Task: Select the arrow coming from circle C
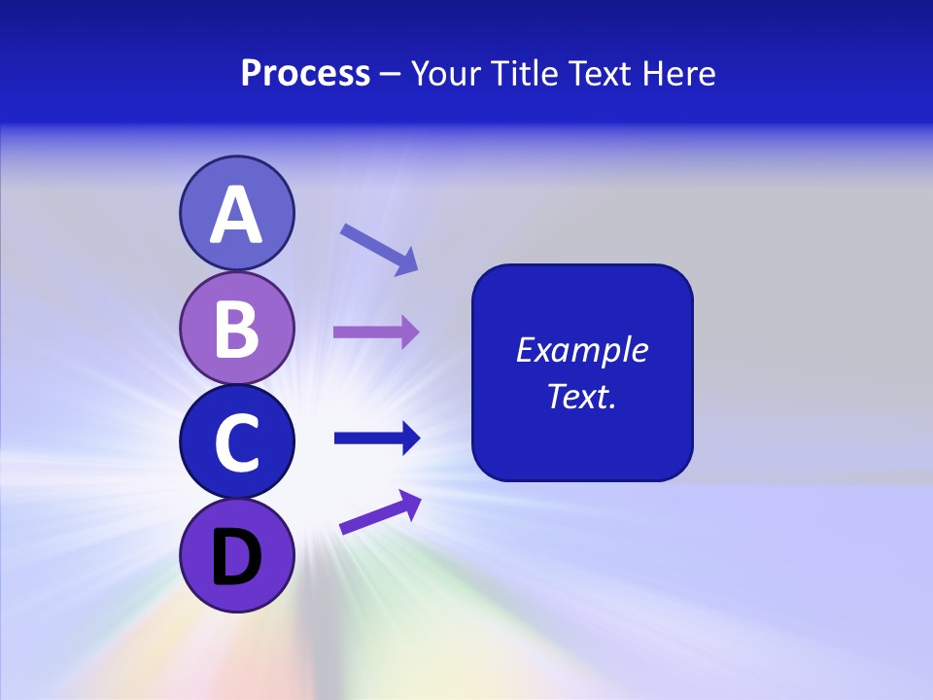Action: click(376, 438)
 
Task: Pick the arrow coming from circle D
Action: click(380, 511)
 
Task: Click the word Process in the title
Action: click(305, 74)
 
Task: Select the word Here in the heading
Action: click(678, 74)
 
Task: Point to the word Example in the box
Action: click(581, 350)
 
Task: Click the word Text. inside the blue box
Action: click(581, 396)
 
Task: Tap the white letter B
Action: click(236, 329)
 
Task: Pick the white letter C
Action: click(236, 442)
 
